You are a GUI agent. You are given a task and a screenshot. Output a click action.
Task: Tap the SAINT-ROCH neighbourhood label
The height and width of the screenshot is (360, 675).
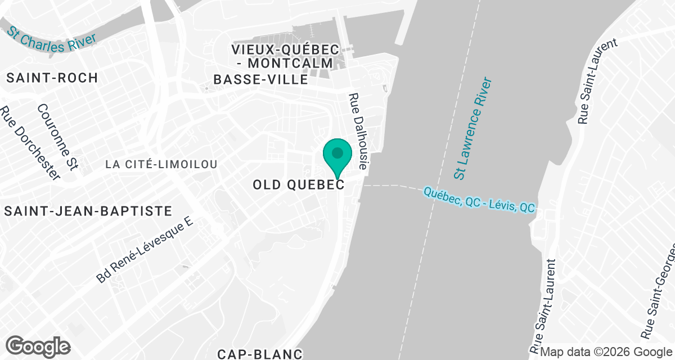click(x=52, y=78)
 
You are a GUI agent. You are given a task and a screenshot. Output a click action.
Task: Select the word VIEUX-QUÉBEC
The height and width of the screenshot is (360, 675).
click(x=285, y=49)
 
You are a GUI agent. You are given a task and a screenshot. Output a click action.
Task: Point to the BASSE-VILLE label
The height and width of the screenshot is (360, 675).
click(x=260, y=80)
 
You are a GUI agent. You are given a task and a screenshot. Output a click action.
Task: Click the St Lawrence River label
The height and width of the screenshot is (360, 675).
click(x=475, y=129)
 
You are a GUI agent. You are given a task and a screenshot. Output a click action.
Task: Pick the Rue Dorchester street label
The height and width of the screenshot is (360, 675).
click(x=30, y=143)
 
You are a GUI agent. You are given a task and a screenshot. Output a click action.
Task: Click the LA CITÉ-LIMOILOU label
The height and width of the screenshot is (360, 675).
click(x=161, y=164)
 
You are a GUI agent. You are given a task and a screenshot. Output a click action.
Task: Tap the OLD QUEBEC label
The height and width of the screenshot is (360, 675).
click(x=298, y=184)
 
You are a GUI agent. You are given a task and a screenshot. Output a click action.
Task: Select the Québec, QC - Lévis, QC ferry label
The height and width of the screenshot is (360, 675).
click(x=479, y=200)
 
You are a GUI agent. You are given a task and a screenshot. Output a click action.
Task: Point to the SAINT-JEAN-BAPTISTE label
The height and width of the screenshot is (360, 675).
click(x=87, y=211)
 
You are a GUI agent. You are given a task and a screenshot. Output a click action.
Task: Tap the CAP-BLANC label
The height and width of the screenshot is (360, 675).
click(x=260, y=354)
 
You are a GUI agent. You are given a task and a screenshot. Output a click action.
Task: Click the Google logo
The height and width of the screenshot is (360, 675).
click(x=38, y=345)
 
